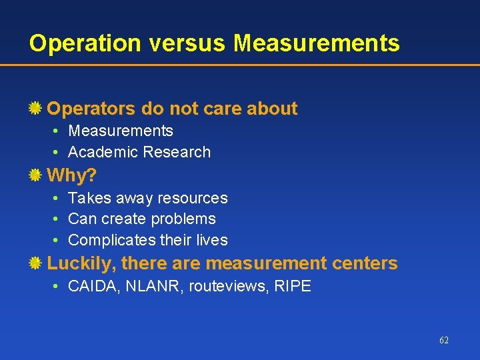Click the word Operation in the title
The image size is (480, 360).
coord(85,43)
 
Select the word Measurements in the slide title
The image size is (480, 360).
coord(317,43)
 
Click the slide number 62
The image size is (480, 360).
coord(444,340)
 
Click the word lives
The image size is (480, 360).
coord(211,240)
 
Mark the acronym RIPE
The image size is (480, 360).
coord(293,287)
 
